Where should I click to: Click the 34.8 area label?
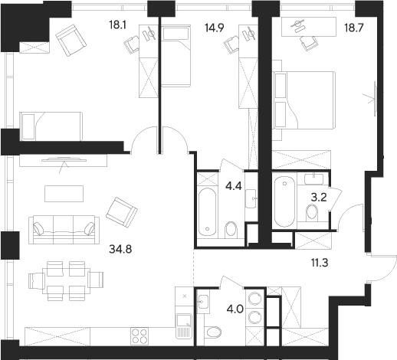120,249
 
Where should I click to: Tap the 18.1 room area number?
117,25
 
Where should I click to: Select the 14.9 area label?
215,28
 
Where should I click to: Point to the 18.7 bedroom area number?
354,28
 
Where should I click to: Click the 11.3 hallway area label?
320,263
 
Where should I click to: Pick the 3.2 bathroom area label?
319,197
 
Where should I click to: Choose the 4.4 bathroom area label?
233,186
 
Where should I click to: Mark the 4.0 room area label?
235,309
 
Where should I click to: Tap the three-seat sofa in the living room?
64,230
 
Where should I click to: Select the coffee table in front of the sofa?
64,194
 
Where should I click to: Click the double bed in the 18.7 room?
304,100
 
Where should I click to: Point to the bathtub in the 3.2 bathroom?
284,201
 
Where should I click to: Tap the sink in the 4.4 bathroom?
251,198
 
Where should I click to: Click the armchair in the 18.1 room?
71,40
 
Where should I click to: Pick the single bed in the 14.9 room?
176,56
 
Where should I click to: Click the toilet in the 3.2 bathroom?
312,211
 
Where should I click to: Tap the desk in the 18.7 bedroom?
309,27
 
